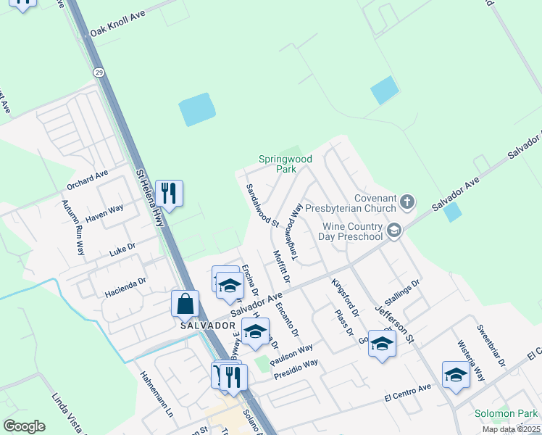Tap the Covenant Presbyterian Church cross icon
pos(407,202)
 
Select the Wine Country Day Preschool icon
pos(394,231)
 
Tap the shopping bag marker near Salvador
pos(185,304)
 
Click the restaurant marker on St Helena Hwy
pos(169,193)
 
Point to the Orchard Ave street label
pos(86,175)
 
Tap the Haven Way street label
pos(104,211)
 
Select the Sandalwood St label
pos(262,204)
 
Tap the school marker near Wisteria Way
pos(455,375)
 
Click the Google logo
pos(25,426)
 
